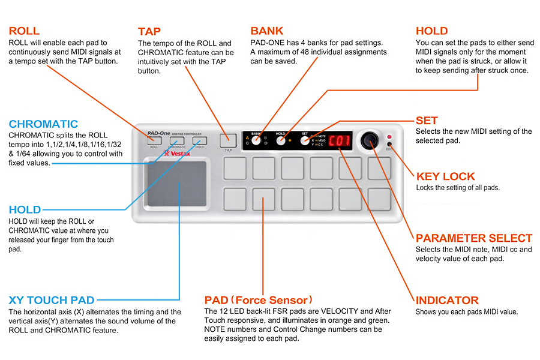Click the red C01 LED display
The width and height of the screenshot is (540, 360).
click(x=343, y=140)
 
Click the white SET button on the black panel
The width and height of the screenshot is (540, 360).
click(x=305, y=140)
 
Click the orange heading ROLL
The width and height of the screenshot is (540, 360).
click(x=25, y=31)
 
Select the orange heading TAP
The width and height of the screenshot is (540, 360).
click(x=149, y=31)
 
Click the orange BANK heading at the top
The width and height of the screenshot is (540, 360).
click(x=267, y=31)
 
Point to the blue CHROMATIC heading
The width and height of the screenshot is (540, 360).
click(x=43, y=124)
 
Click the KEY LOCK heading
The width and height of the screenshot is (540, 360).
click(x=445, y=176)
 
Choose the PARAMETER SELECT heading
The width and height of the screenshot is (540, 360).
click(x=474, y=238)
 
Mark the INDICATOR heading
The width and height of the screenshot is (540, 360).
click(x=447, y=300)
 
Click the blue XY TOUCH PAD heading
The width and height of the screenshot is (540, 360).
click(x=52, y=300)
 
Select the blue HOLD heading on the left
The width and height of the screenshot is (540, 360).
click(x=25, y=210)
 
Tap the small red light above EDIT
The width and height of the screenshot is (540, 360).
click(x=389, y=137)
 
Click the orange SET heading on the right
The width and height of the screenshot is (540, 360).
click(x=427, y=120)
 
